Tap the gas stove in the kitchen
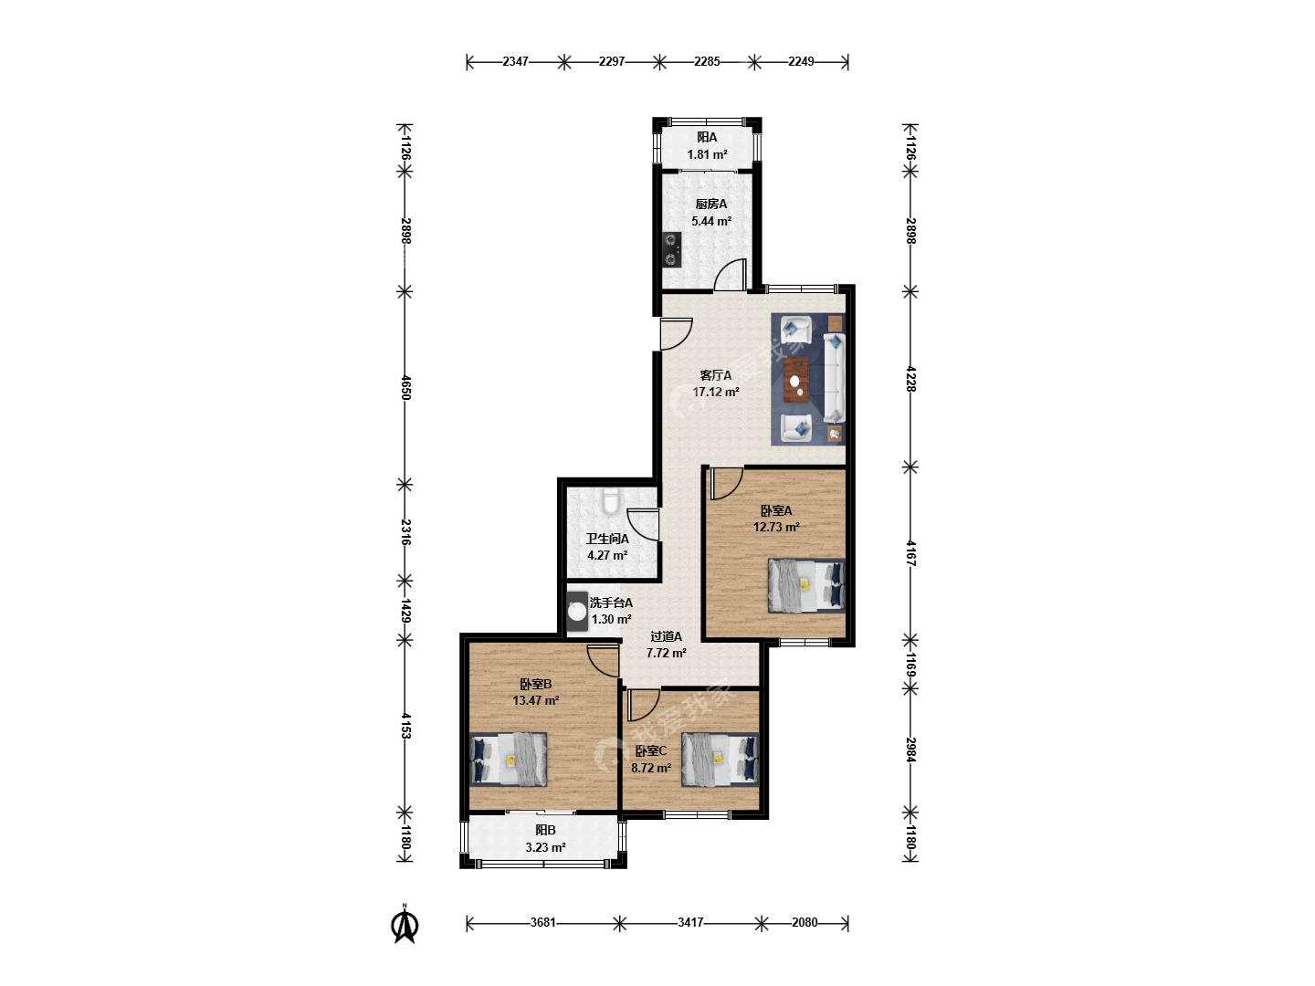(671, 249)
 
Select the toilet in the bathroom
(611, 500)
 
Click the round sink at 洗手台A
(577, 612)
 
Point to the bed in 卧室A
(806, 585)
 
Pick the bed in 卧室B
(508, 759)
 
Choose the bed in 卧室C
(721, 759)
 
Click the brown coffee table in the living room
(796, 380)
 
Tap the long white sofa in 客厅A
(834, 378)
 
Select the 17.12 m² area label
(716, 393)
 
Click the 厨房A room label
(711, 205)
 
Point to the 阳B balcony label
(545, 830)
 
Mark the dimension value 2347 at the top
(515, 61)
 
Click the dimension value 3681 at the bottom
(542, 922)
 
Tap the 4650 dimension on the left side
(405, 387)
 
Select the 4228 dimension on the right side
(910, 379)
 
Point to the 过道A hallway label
(667, 636)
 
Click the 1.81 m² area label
(707, 154)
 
